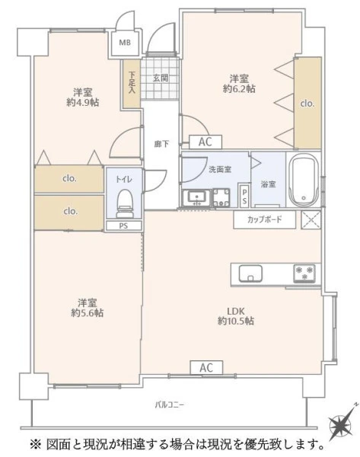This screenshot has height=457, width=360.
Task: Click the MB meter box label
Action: pos(125,43)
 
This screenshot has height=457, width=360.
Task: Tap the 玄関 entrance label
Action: pos(161,78)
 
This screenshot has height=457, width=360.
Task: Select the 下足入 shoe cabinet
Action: pos(131,83)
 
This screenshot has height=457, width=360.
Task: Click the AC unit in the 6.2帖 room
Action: pos(205,142)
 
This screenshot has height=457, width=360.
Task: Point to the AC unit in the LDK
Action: pos(206,368)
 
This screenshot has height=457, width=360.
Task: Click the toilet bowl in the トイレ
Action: pos(126,203)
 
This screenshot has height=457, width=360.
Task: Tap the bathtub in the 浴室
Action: pos(304,181)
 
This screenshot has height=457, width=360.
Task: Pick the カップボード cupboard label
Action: pos(264,219)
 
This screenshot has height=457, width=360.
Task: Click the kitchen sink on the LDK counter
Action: pos(250,273)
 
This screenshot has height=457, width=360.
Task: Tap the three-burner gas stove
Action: pos(304,273)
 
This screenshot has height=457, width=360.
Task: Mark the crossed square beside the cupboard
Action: pos(311,219)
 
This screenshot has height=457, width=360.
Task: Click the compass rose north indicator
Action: pos(342,423)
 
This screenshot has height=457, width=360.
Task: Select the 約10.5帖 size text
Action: pos(236,321)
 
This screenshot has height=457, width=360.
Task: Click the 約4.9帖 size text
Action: pos(83,102)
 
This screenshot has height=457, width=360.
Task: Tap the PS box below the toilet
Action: pos(123,225)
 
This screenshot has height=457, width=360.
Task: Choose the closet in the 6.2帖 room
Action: pos(307,103)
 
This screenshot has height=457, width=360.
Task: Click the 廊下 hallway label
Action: pos(161,144)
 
